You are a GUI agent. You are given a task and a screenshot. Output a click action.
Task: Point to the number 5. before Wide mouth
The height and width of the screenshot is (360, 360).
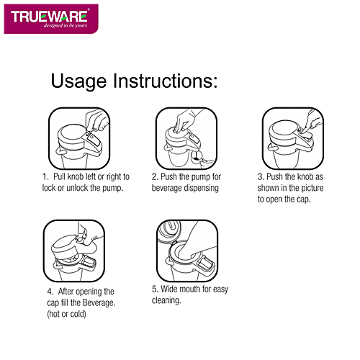coord(155,289)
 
